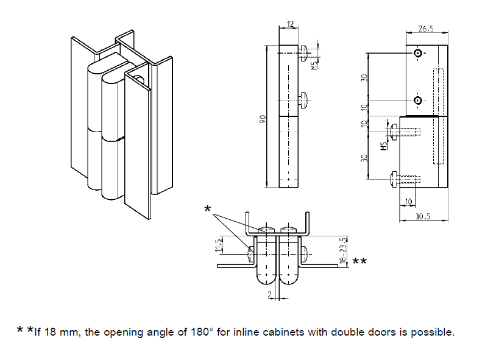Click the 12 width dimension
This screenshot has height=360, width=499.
click(289, 24)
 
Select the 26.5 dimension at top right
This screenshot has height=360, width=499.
click(426, 28)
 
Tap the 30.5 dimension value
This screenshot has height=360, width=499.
click(420, 216)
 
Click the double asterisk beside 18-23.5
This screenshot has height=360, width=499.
click(359, 263)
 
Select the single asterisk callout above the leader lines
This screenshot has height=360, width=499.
click(208, 210)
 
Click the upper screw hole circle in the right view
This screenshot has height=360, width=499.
click(417, 54)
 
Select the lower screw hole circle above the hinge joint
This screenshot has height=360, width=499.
click(417, 100)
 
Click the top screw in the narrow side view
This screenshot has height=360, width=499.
click(305, 52)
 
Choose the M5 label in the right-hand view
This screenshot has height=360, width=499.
click(384, 146)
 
